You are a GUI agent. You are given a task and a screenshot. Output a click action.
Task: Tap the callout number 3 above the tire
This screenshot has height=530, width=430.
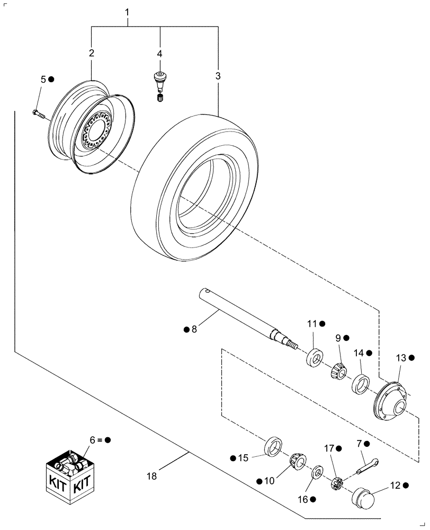tap(218, 76)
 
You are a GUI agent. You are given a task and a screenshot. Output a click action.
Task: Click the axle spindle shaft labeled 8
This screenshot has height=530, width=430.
tap(244, 314)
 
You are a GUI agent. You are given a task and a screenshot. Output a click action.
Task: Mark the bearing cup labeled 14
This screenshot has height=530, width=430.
tap(360, 383)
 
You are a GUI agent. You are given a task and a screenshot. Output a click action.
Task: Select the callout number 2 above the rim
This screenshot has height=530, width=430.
tap(92, 53)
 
